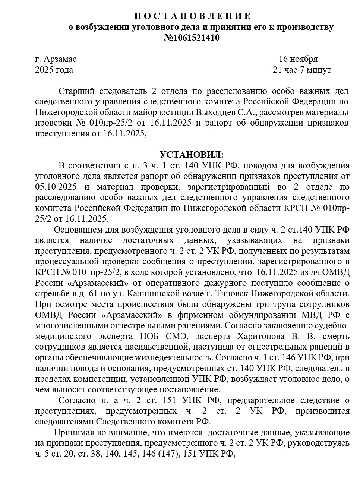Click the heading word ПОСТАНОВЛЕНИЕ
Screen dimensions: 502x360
click(192, 16)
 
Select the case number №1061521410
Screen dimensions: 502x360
click(192, 38)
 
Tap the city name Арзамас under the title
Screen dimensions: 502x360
click(60, 59)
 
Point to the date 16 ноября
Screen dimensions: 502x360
click(298, 59)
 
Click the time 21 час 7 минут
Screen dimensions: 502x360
click(302, 70)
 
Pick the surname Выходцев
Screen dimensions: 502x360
click(217, 112)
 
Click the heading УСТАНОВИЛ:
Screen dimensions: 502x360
click(192, 154)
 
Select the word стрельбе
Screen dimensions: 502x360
click(51, 293)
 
